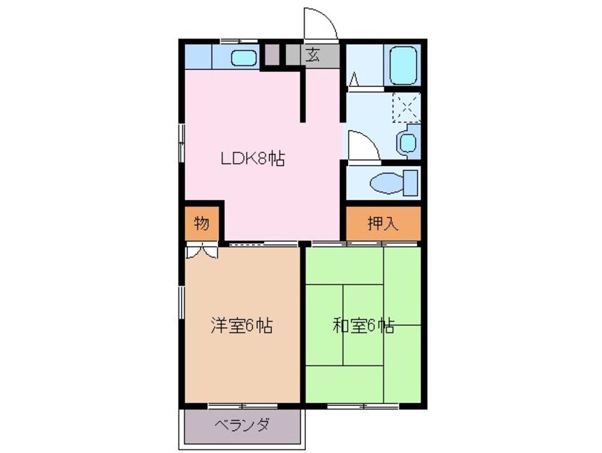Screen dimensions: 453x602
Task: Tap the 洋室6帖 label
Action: pyautogui.click(x=242, y=326)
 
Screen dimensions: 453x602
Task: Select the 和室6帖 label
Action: pyautogui.click(x=363, y=326)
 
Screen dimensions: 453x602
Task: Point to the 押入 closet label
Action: pyautogui.click(x=383, y=224)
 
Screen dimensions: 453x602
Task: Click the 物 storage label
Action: pyautogui.click(x=201, y=224)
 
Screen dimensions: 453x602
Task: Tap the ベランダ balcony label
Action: pyautogui.click(x=243, y=425)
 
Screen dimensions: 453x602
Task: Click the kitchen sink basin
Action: pyautogui.click(x=245, y=57)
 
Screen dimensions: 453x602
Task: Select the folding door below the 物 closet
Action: pyautogui.click(x=201, y=250)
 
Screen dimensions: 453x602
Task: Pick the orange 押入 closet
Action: pyautogui.click(x=383, y=224)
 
